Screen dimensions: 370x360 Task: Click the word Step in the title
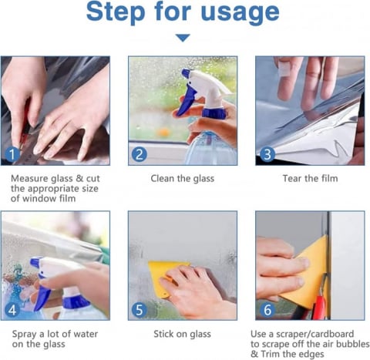116,12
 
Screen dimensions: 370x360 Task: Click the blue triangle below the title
183,38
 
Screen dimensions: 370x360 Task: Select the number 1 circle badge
12,154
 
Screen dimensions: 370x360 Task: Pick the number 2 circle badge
140,154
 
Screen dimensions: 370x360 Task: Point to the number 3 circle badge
267,154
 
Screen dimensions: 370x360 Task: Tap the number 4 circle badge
12,310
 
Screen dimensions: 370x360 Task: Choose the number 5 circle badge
140,310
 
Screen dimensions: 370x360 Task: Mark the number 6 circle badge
267,310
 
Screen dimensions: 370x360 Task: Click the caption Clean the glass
183,178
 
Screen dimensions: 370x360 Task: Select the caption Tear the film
311,178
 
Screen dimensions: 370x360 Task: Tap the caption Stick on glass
182,334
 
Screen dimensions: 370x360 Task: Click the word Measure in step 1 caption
29,178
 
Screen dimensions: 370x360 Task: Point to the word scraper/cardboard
315,334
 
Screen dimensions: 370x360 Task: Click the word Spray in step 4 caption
25,335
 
